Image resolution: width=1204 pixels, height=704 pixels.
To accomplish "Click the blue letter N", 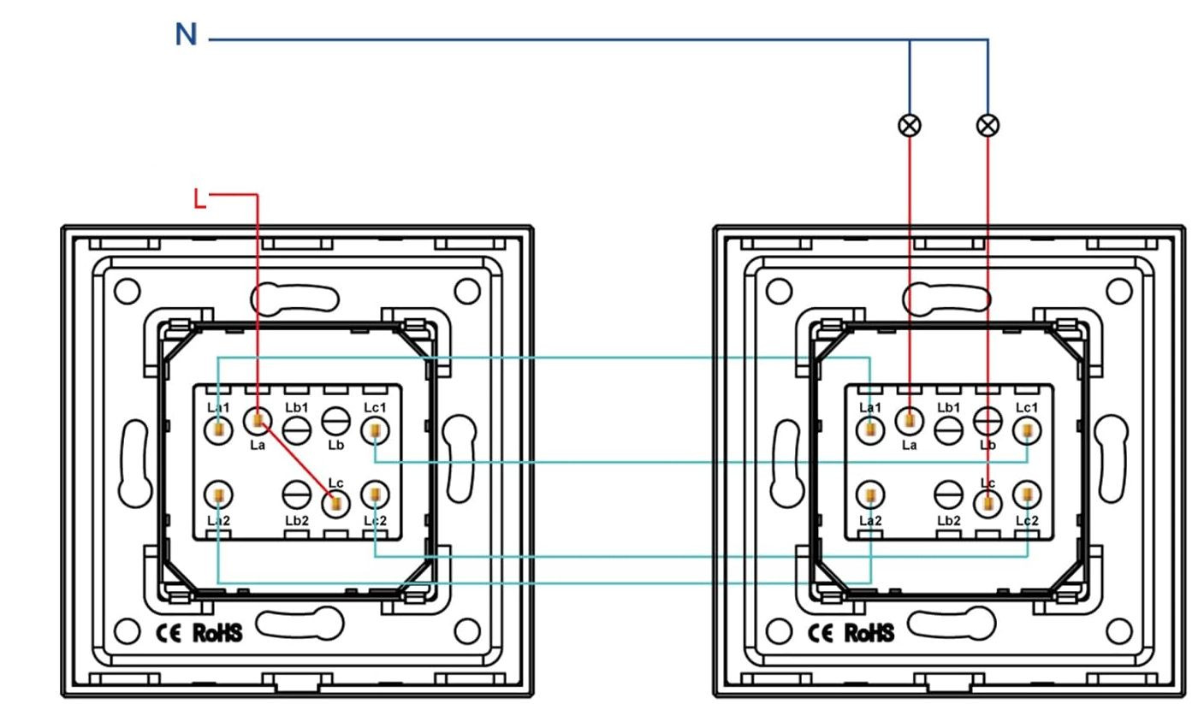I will pos(187,35).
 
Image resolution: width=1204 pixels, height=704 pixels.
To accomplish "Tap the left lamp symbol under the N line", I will pos(910,125).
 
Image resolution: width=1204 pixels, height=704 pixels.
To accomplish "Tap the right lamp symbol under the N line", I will pos(988,125).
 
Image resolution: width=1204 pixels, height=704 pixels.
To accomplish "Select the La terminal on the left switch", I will pos(258,420).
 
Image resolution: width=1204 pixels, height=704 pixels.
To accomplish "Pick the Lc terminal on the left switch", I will pos(335,504).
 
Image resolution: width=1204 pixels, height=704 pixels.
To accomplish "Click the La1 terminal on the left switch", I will pos(219,429).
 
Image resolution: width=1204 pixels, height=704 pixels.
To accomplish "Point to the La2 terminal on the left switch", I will pos(219,494).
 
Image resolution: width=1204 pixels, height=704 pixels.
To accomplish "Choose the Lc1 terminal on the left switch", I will pos(375,430).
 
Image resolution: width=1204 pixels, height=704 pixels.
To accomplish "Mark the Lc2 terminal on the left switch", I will pos(375,494).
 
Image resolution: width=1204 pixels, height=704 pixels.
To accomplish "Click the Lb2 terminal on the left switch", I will pos(297,494).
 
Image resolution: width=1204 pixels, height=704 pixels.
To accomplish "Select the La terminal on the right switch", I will pos(910,420).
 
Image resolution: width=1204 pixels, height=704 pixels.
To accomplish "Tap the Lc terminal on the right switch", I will pos(988,504).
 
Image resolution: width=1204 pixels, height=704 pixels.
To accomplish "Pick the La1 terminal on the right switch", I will pos(870,429).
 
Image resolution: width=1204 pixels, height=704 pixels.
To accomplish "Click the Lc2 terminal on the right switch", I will pos(1027,494).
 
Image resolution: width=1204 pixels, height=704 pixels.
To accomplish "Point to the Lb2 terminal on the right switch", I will pos(949,494).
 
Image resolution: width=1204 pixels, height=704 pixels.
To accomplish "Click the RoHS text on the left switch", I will pos(217,633).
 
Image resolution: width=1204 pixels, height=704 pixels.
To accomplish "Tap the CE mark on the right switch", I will pos(821,633).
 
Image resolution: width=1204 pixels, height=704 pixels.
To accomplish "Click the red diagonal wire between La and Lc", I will pos(297,462).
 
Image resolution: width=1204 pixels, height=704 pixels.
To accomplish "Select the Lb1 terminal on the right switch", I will pos(949,429).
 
